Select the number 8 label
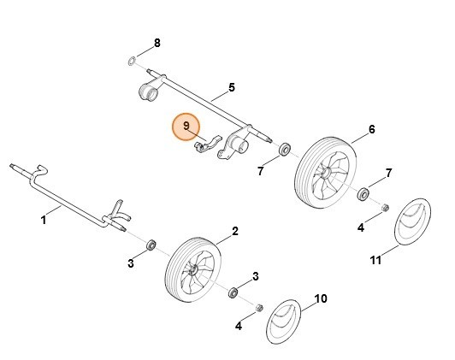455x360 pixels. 157,42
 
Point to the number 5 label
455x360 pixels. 231,87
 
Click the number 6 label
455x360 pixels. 371,129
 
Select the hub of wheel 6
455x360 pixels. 326,173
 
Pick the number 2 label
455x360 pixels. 235,231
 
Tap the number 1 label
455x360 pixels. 44,220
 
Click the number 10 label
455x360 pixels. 321,298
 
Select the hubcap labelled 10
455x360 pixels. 287,326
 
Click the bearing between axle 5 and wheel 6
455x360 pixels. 283,151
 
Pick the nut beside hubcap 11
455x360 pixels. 384,208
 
